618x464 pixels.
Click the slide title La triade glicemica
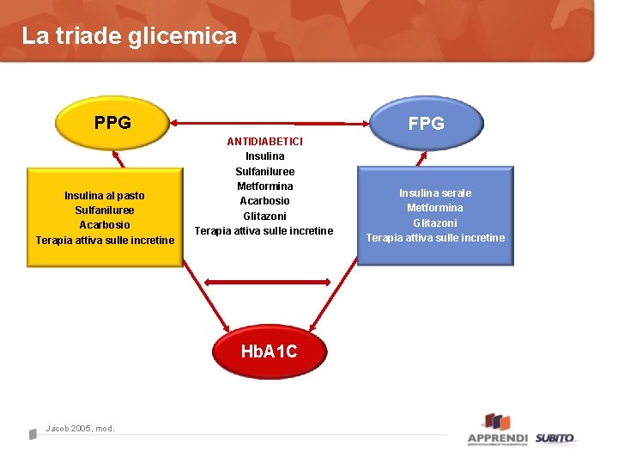pyautogui.click(x=129, y=36)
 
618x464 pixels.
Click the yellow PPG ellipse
pyautogui.click(x=112, y=123)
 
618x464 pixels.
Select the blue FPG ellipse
pyautogui.click(x=427, y=123)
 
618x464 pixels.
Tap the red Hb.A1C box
pyautogui.click(x=269, y=351)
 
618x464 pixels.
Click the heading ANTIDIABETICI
pyautogui.click(x=264, y=141)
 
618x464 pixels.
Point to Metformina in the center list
pyautogui.click(x=264, y=186)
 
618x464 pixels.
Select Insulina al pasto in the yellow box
pyautogui.click(x=105, y=195)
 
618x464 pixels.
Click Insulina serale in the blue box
pyautogui.click(x=434, y=192)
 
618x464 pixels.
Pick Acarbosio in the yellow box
pyautogui.click(x=105, y=224)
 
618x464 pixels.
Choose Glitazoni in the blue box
pyautogui.click(x=434, y=223)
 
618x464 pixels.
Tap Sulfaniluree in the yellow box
pyautogui.click(x=105, y=210)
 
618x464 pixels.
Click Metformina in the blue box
pyautogui.click(x=434, y=207)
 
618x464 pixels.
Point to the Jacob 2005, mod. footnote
pyautogui.click(x=80, y=429)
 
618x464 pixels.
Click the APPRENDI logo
pyautogui.click(x=497, y=430)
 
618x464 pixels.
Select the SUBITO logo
pyautogui.click(x=555, y=437)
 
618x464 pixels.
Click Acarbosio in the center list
pyautogui.click(x=264, y=200)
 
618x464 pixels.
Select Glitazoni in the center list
pyautogui.click(x=264, y=216)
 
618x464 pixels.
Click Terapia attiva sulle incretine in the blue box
pyautogui.click(x=435, y=237)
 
